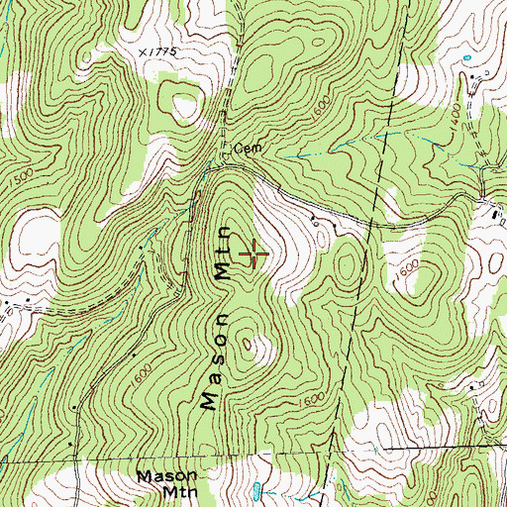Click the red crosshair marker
(253, 253)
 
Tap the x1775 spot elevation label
(157, 50)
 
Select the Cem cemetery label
(247, 150)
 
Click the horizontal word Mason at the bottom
(165, 475)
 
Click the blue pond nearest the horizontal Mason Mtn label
(256, 489)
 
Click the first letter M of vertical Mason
(210, 398)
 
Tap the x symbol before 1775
(143, 50)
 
